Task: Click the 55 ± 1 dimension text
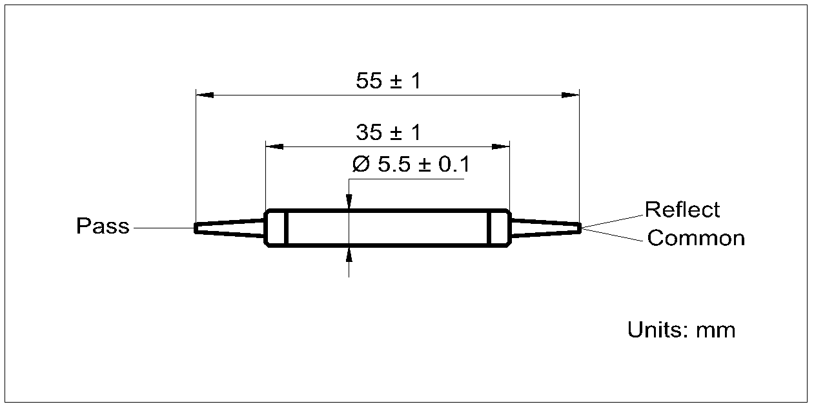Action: pyautogui.click(x=388, y=81)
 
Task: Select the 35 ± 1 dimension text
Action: pyautogui.click(x=388, y=133)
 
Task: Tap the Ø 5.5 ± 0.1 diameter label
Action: pyautogui.click(x=411, y=165)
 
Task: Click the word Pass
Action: pyautogui.click(x=103, y=226)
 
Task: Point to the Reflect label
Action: pyautogui.click(x=682, y=210)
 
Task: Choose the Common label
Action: pyautogui.click(x=696, y=238)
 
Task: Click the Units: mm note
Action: pyautogui.click(x=681, y=330)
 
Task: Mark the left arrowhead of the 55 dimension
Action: pyautogui.click(x=205, y=95)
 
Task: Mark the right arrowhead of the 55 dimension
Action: pyautogui.click(x=571, y=95)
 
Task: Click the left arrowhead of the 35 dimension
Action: pyautogui.click(x=275, y=146)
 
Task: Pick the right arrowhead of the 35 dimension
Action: pyautogui.click(x=502, y=146)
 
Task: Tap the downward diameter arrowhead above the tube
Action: pyautogui.click(x=349, y=202)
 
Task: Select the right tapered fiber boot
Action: pyautogui.click(x=545, y=228)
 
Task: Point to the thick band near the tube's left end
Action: pyautogui.click(x=285, y=228)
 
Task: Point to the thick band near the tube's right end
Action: pyautogui.click(x=489, y=228)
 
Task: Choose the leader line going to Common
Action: pyautogui.click(x=613, y=234)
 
